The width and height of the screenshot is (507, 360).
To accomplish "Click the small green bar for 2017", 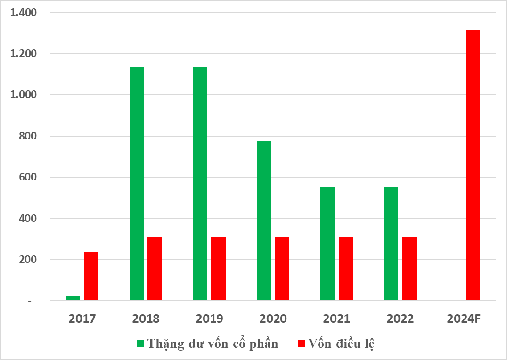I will tap(73, 298).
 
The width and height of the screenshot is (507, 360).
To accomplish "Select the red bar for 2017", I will tap(91, 276).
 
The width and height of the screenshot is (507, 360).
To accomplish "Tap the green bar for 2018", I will tap(137, 184).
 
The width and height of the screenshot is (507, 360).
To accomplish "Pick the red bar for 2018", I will tap(155, 268).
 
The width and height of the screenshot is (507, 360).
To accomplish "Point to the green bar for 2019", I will tap(200, 184).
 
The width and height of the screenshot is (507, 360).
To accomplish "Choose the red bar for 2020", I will tap(282, 268).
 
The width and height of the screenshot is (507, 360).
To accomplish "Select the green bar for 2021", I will tap(327, 244).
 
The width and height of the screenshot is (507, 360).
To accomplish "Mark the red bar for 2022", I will tap(409, 268).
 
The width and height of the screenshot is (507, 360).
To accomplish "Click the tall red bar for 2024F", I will tap(473, 165).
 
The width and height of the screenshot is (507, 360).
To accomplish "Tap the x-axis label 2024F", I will tap(464, 319).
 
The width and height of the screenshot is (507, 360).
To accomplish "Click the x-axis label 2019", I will tap(209, 319).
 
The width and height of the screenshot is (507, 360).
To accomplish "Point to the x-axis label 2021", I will tap(336, 319).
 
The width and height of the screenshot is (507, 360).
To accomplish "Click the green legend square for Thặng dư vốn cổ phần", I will tap(140, 344).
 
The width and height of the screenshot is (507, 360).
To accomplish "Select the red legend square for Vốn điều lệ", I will tap(302, 344).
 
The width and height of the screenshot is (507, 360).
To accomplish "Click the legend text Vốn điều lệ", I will tap(342, 344).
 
